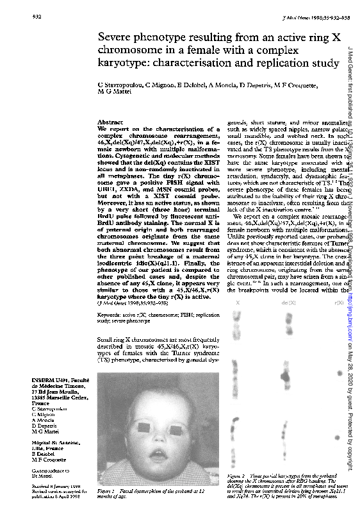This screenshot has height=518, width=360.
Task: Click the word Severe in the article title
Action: pos(117,37)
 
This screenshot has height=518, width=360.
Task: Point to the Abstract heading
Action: pos(110,122)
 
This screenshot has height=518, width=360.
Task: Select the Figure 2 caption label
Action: pos(238,475)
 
